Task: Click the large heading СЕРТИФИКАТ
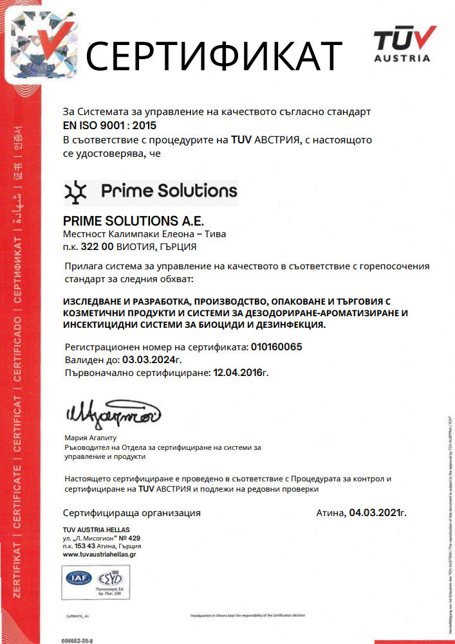pyautogui.click(x=214, y=55)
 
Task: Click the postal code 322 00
pyautogui.click(x=98, y=246)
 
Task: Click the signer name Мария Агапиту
pyautogui.click(x=91, y=437)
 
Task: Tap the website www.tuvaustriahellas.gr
pyautogui.click(x=100, y=554)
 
